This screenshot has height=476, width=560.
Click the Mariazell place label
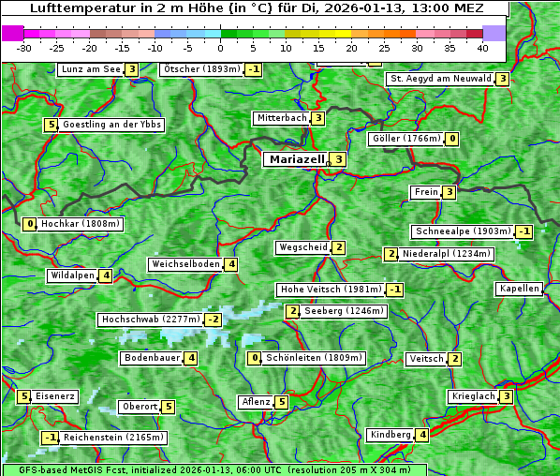[297, 159]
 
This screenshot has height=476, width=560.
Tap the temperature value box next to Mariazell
[338, 159]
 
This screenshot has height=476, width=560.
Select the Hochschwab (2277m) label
[151, 320]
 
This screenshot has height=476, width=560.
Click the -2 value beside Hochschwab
[214, 320]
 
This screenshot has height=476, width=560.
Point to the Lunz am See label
[90, 69]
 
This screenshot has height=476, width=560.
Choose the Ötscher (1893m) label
[201, 69]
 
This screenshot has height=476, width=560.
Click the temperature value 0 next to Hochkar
[30, 224]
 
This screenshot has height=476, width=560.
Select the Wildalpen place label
[72, 275]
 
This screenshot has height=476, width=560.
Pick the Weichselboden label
[185, 264]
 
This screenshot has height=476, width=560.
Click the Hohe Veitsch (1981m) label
[331, 290]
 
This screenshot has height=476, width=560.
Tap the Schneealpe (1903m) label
[463, 231]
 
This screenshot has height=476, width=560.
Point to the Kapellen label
[519, 289]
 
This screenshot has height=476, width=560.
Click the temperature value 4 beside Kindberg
[423, 435]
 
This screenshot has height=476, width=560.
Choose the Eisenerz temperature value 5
[24, 396]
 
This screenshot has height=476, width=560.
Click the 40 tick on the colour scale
[482, 47]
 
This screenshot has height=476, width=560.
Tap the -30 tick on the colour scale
[25, 47]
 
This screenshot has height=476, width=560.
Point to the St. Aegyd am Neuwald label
[440, 79]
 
